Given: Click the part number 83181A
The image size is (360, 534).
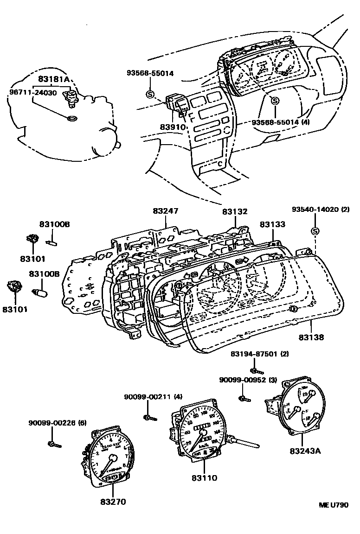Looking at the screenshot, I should (x=54, y=79).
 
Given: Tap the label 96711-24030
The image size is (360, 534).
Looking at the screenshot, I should (x=33, y=92).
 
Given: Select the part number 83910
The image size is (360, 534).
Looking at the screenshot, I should (x=174, y=127).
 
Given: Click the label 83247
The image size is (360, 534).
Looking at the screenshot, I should (x=166, y=211).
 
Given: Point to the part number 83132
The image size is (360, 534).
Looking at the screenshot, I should (x=234, y=212).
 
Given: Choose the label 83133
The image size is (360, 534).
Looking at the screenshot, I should (x=272, y=224).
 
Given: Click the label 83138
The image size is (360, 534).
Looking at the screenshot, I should (x=311, y=337).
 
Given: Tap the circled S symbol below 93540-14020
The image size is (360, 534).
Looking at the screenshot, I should (x=315, y=231).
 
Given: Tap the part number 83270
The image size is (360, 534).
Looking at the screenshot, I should (x=113, y=502).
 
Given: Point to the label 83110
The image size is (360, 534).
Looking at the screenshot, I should (x=204, y=477).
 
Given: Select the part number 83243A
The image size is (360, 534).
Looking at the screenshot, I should (x=306, y=450).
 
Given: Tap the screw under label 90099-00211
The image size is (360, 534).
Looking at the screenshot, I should (x=149, y=418).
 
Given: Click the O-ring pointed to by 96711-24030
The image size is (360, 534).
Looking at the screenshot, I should (x=72, y=119).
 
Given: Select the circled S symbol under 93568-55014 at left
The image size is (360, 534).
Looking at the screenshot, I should (x=150, y=94).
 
